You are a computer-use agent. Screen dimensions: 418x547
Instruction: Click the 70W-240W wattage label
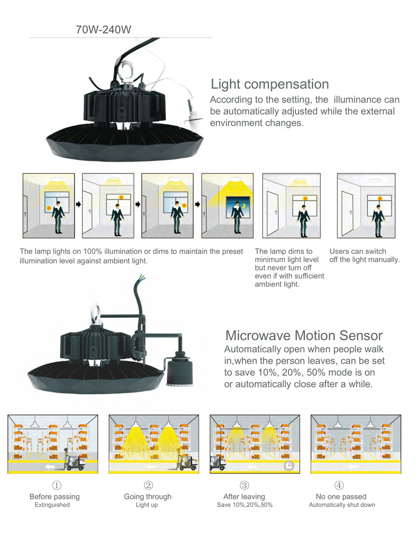103,29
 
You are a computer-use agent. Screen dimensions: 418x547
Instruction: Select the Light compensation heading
270,84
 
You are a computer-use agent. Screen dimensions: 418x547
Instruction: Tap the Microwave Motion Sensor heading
304,335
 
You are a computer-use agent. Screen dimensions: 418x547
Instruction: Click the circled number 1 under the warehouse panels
56,485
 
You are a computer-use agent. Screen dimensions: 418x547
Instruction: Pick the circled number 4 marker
339,485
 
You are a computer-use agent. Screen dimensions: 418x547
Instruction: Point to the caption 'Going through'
148,497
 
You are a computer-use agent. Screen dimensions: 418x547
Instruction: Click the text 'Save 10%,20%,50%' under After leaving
245,505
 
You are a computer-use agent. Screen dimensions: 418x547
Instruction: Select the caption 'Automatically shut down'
342,505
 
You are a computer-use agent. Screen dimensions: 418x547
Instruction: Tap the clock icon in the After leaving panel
289,466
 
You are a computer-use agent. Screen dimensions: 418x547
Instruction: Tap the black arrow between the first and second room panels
78,205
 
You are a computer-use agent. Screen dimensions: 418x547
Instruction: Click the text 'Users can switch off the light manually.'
364,255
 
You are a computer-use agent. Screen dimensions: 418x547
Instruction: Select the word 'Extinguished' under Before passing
52,505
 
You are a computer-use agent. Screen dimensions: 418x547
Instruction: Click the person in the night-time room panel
238,218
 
